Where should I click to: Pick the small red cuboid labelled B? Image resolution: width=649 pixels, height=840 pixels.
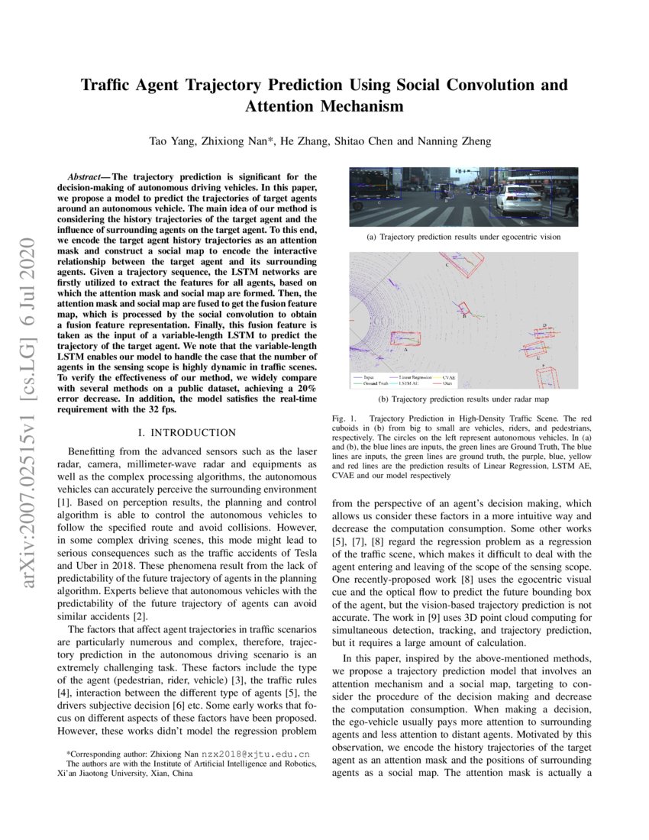point(463,309)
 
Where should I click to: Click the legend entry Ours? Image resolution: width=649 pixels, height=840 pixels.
point(447,383)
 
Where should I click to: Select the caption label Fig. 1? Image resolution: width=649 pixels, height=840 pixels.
point(345,419)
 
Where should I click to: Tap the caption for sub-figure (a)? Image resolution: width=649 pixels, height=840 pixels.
point(463,237)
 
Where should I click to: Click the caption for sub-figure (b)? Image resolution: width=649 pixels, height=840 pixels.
point(463,399)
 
